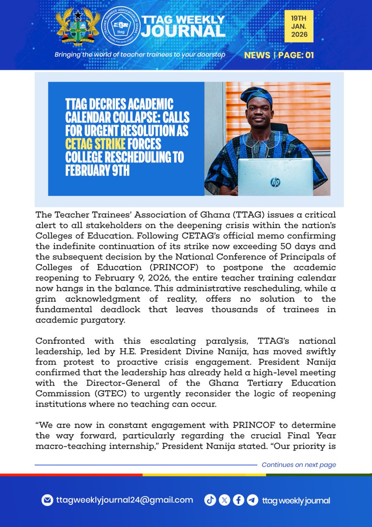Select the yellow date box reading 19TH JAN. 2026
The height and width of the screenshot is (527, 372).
[298, 27]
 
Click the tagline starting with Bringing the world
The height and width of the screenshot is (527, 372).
[139, 55]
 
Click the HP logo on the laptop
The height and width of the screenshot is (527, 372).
[275, 181]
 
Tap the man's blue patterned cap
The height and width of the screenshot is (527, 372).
[257, 94]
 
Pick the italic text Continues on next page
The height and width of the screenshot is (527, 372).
[299, 465]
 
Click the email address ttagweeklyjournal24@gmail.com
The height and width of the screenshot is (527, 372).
[124, 500]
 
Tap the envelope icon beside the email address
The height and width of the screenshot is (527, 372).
[47, 500]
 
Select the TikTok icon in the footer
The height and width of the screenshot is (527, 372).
[210, 500]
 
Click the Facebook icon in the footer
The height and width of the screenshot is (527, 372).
[238, 500]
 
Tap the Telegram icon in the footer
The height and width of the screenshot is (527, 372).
[252, 500]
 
